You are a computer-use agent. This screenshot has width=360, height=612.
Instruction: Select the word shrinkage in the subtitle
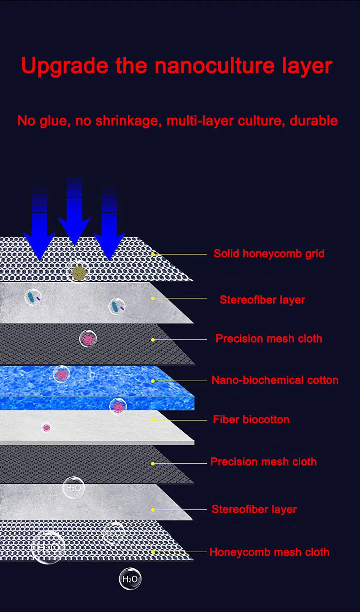pyautogui.click(x=127, y=121)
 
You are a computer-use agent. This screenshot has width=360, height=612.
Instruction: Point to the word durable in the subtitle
pyautogui.click(x=314, y=121)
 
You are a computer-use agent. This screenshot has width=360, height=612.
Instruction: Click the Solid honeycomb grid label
pyautogui.click(x=269, y=254)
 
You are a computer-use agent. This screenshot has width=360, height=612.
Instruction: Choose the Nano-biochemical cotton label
pyautogui.click(x=275, y=380)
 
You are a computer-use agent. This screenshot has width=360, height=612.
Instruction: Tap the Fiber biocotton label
pyautogui.click(x=251, y=420)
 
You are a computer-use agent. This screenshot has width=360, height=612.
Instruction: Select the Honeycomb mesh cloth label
pyautogui.click(x=269, y=552)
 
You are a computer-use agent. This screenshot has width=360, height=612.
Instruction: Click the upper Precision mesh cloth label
pyautogui.click(x=269, y=339)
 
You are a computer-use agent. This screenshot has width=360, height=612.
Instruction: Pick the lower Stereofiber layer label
pyautogui.click(x=254, y=509)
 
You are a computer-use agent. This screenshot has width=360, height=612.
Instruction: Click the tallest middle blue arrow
pyautogui.click(x=75, y=212)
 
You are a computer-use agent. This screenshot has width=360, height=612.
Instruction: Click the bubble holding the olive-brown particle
pyautogui.click(x=78, y=273)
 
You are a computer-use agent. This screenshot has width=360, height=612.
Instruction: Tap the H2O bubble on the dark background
pyautogui.click(x=130, y=579)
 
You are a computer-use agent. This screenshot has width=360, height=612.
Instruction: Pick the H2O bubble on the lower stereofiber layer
pyautogui.click(x=73, y=488)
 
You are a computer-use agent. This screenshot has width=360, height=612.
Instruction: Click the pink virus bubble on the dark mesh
pyautogui.click(x=88, y=339)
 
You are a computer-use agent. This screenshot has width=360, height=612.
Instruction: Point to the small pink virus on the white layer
pyautogui.click(x=46, y=428)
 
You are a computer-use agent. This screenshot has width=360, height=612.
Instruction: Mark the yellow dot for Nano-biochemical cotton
pyautogui.click(x=153, y=381)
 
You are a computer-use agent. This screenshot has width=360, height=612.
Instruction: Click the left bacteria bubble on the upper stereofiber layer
pyautogui.click(x=33, y=297)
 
